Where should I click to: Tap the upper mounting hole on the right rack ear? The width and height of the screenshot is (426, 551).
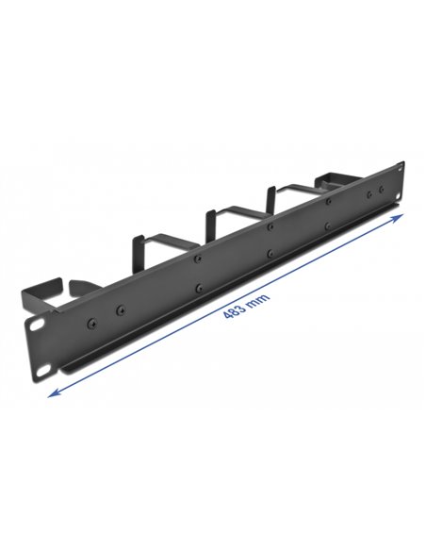tap(381, 186)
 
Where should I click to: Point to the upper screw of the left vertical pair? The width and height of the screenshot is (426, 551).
tap(197, 259)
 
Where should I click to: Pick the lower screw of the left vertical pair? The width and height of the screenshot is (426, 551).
tap(197, 286)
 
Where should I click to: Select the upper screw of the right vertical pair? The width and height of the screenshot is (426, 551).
tap(327, 202)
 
